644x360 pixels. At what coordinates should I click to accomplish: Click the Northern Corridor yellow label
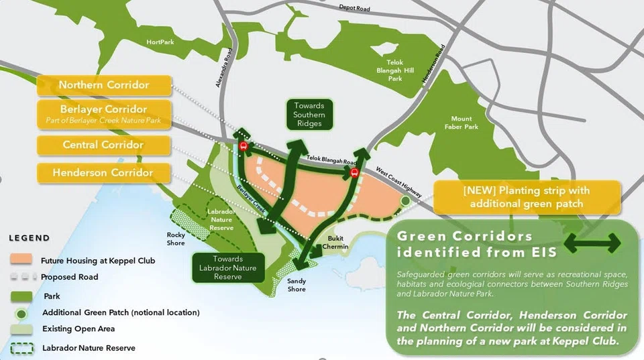click(103, 85)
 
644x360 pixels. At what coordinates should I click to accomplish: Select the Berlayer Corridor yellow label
click(103, 114)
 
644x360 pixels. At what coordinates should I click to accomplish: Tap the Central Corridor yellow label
click(103, 145)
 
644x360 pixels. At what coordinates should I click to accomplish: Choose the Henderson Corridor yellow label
click(103, 173)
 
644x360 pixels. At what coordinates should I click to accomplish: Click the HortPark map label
click(160, 42)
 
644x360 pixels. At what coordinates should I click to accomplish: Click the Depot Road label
click(354, 9)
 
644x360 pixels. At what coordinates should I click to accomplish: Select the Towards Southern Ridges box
click(309, 115)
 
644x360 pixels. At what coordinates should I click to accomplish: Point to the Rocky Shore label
click(176, 239)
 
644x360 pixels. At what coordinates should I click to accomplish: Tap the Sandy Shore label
click(297, 285)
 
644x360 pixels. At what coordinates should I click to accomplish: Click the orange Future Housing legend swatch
click(21, 259)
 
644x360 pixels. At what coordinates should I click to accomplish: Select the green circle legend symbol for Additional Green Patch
click(21, 312)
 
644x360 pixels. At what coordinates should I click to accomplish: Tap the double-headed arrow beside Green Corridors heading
click(592, 245)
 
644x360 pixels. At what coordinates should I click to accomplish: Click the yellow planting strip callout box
click(527, 196)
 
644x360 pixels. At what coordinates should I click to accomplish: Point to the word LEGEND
click(29, 238)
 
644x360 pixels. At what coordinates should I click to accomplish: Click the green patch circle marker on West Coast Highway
click(405, 200)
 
